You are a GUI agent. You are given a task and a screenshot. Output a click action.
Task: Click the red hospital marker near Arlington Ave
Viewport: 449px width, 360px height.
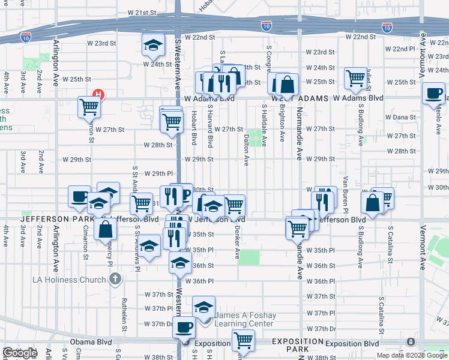click(x=99, y=94)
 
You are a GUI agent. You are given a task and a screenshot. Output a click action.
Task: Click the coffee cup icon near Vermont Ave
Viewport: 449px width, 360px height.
click(x=433, y=93)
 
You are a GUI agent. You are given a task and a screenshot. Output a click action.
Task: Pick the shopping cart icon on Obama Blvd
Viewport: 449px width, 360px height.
click(x=243, y=340)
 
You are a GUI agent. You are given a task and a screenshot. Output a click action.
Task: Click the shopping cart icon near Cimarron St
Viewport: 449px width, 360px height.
click(x=89, y=106)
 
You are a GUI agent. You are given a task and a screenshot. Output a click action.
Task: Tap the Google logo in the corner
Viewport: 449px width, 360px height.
click(x=20, y=353)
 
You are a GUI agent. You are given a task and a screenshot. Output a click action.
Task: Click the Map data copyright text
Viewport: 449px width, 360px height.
click(x=411, y=355)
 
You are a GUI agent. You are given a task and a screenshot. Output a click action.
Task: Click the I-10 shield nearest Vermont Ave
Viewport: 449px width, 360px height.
click(x=387, y=27)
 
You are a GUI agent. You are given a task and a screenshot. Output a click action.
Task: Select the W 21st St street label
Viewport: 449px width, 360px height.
click(x=142, y=13)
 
